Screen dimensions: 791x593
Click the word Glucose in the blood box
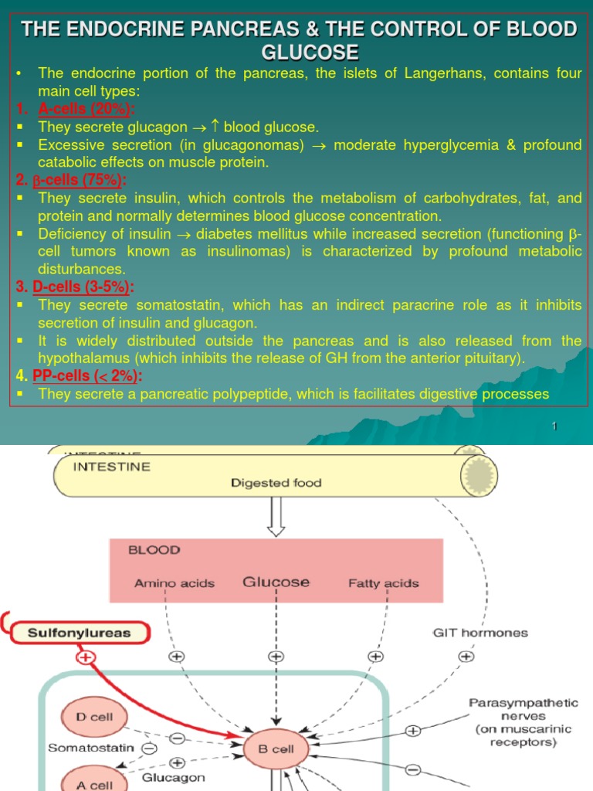(x=276, y=582)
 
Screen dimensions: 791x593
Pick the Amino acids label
(x=175, y=583)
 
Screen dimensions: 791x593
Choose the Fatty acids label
(x=384, y=583)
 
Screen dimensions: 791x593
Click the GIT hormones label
(x=479, y=633)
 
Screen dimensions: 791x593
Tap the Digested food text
(x=276, y=483)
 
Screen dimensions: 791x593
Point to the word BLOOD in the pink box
(x=154, y=550)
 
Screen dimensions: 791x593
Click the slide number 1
(x=554, y=427)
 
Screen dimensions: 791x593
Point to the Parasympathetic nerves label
(x=523, y=723)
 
